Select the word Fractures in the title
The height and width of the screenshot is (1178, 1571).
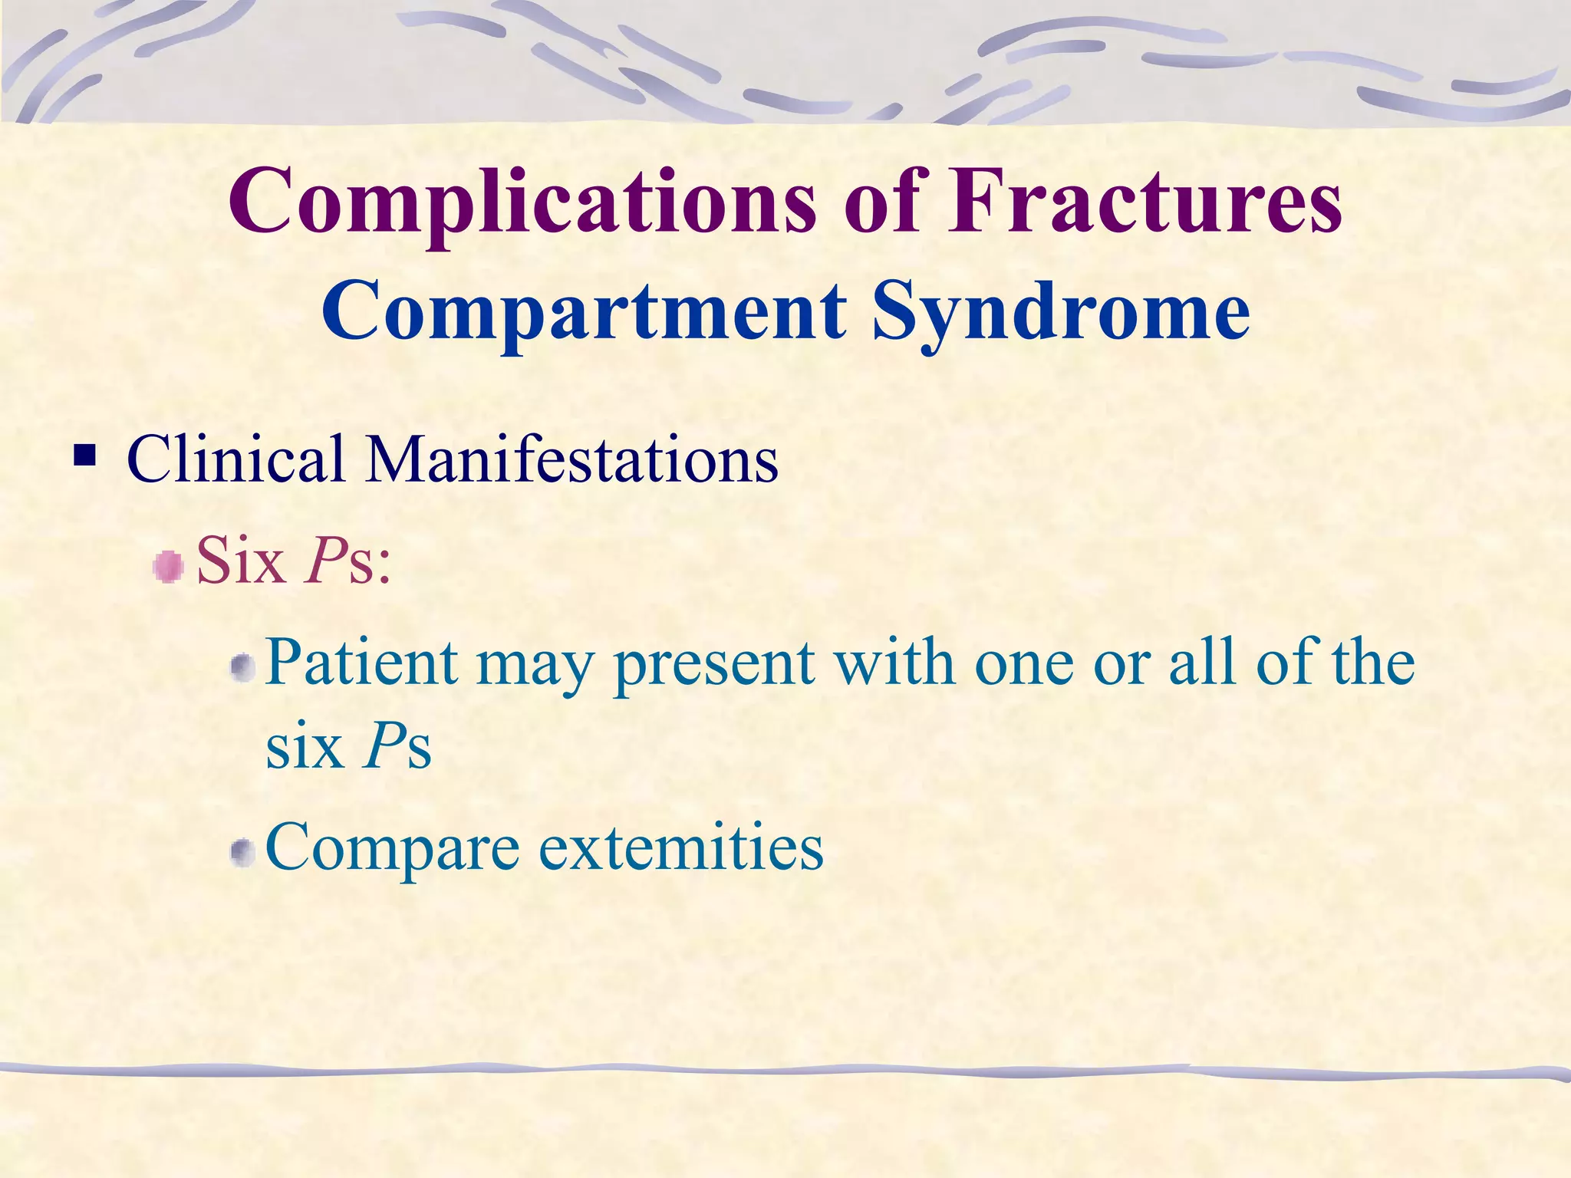click(1144, 201)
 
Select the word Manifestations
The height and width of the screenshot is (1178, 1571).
click(571, 459)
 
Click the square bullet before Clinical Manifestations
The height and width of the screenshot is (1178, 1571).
click(85, 457)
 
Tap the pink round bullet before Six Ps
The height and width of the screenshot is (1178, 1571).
click(168, 568)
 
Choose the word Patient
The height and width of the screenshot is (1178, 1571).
click(361, 662)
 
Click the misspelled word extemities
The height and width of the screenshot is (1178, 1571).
click(681, 847)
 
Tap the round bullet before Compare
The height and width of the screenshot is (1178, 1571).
click(243, 853)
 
